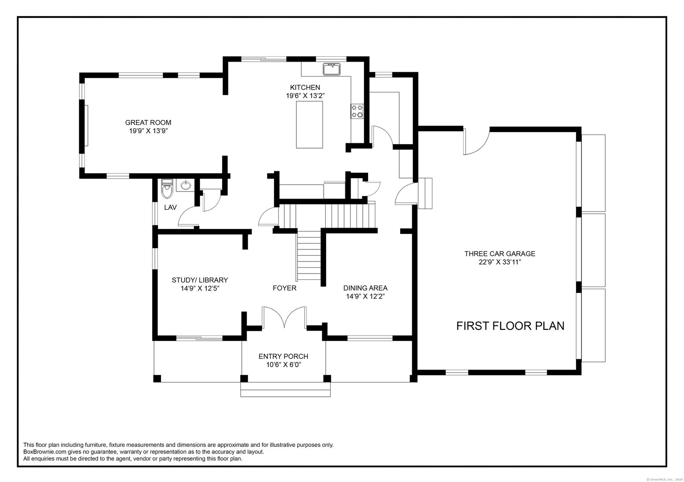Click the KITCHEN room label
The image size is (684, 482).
(x=305, y=87)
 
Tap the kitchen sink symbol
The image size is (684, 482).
(x=331, y=69)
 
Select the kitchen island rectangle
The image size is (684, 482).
(x=310, y=124)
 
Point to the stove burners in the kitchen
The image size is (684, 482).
(x=357, y=111)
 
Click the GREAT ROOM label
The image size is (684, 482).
(x=148, y=123)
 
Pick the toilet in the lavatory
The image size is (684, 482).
(x=167, y=189)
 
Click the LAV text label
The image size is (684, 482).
(x=170, y=208)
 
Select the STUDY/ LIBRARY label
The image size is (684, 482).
(x=200, y=280)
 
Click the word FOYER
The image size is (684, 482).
(x=284, y=288)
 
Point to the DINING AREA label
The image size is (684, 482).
(x=365, y=288)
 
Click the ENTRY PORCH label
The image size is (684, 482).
(x=283, y=357)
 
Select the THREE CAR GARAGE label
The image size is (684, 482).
(x=500, y=254)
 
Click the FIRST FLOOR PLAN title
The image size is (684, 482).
(x=510, y=326)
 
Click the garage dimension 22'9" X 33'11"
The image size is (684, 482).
(x=500, y=262)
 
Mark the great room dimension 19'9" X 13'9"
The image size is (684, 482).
(x=148, y=131)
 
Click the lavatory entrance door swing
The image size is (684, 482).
(x=187, y=218)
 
